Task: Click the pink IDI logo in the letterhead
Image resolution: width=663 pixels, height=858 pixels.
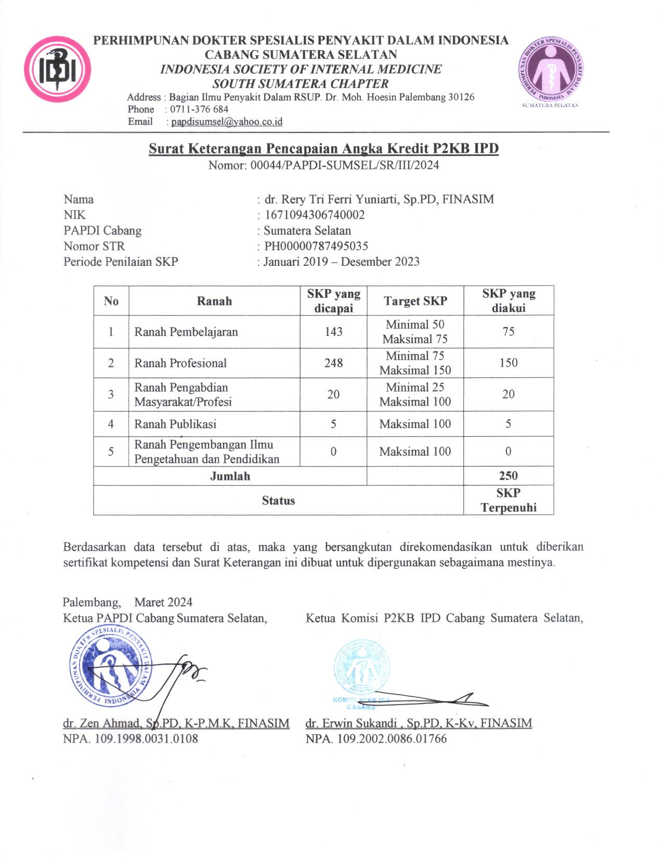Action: pos(58,69)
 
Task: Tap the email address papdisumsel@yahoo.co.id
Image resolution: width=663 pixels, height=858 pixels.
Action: pos(227,122)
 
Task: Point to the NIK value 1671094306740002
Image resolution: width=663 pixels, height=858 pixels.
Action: pos(315,215)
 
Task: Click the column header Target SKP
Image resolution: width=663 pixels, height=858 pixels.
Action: pos(415,301)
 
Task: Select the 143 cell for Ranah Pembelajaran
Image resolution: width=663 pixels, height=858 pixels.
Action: pos(333,332)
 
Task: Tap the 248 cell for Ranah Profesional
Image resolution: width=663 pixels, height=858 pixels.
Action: pos(333,363)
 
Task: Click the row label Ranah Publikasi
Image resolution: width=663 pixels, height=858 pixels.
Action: pos(175,424)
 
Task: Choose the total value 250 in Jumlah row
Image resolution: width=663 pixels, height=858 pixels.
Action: pos(508,476)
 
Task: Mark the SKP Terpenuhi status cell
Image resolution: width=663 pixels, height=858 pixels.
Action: pos(508,500)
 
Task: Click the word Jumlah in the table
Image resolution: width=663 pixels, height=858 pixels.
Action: pos(230,476)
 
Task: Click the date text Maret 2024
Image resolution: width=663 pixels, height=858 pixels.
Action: pos(163,602)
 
